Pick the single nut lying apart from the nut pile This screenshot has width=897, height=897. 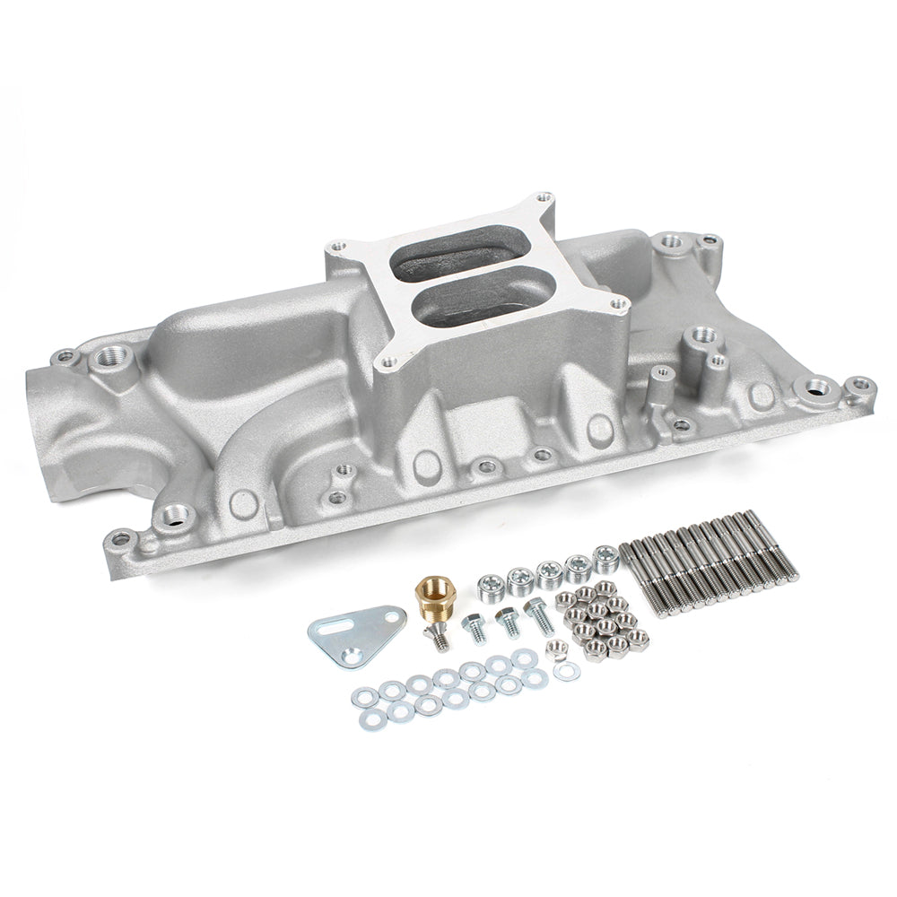click(555, 651)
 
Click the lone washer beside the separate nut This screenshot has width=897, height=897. click(567, 671)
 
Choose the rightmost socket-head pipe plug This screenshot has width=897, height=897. click(605, 558)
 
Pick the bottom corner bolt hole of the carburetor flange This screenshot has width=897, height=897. click(388, 363)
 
